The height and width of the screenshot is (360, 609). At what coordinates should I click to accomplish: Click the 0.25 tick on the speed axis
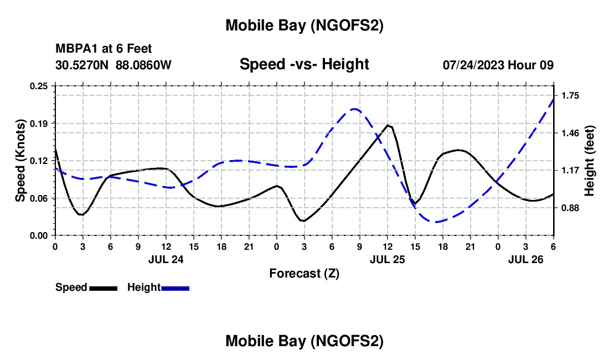point(39,86)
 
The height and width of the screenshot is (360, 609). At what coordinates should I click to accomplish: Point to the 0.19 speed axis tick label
point(39,123)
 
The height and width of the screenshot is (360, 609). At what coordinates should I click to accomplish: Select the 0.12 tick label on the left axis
point(39,161)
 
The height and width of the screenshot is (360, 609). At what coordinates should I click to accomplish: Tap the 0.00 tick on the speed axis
point(39,235)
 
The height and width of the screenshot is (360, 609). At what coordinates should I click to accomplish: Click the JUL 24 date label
point(166,259)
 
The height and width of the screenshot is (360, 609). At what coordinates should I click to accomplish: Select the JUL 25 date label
point(387,259)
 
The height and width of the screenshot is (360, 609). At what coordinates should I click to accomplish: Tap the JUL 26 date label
point(525,259)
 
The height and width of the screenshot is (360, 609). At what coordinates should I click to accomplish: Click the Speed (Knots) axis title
point(20,161)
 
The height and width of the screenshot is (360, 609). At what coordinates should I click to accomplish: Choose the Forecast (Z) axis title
point(304,273)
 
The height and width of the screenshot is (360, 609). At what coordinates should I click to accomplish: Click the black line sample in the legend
point(103,288)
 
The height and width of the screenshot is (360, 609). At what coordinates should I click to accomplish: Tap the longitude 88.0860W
point(143,65)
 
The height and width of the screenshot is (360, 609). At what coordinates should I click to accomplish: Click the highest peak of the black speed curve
point(389,125)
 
